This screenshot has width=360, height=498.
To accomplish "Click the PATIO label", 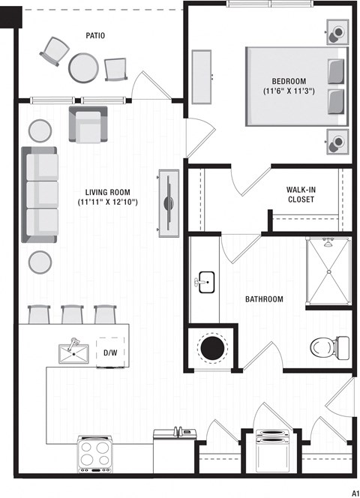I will [x=94, y=35].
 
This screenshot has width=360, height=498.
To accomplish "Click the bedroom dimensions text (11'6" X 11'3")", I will [x=288, y=91].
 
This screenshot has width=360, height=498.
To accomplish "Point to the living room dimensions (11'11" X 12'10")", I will [x=108, y=202].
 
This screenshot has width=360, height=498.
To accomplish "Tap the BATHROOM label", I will [x=264, y=299].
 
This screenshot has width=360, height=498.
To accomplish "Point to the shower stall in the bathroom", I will [x=328, y=271].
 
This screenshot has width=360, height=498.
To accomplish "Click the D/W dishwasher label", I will [x=110, y=352].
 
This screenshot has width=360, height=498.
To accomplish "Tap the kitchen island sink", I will [x=74, y=352].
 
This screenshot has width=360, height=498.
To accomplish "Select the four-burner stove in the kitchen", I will [x=95, y=454].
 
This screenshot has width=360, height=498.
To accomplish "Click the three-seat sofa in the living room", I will [x=40, y=194].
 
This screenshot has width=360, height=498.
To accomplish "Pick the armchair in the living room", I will [x=88, y=124].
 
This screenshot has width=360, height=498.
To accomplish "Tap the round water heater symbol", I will [x=212, y=348].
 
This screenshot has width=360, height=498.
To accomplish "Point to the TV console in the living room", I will [x=166, y=202].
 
